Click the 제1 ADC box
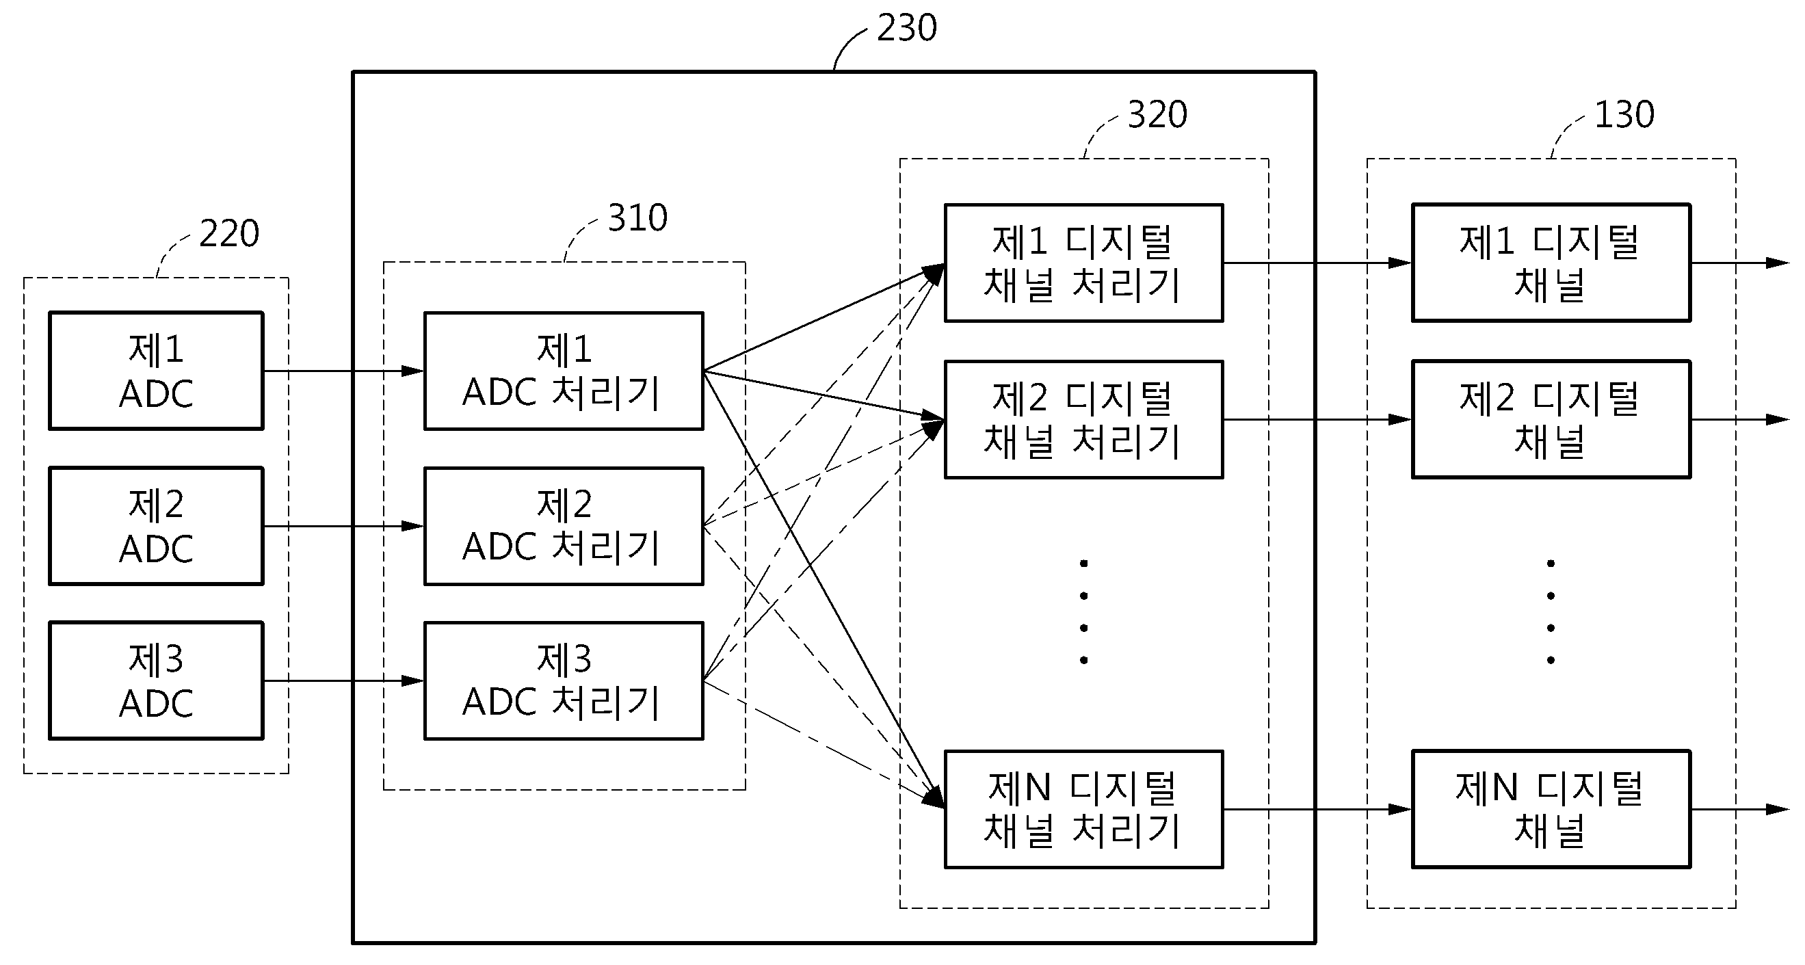(x=156, y=371)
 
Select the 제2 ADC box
(x=156, y=526)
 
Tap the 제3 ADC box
(x=156, y=680)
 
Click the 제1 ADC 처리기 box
(x=564, y=371)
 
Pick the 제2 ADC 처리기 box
(x=564, y=526)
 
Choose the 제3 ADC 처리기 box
(x=564, y=680)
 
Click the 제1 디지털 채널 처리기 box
(x=1084, y=263)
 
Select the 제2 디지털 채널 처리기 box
(x=1084, y=419)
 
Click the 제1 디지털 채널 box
(x=1551, y=263)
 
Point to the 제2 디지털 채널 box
(x=1551, y=419)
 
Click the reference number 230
(x=907, y=28)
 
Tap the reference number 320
(x=1157, y=114)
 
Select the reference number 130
(x=1624, y=114)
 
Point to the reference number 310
(x=637, y=217)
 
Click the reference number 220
(x=229, y=233)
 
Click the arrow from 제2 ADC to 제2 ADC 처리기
(x=344, y=526)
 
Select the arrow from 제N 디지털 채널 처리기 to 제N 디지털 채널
(x=1318, y=810)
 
